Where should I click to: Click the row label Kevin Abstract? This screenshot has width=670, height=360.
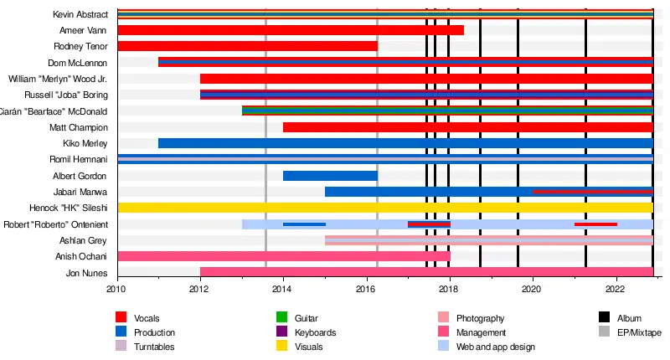click(80, 14)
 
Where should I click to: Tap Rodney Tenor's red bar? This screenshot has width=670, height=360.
click(248, 46)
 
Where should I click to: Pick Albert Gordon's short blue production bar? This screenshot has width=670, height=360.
click(330, 176)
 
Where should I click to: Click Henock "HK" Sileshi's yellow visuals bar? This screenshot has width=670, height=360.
click(385, 208)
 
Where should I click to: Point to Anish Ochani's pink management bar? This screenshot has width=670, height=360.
click(284, 256)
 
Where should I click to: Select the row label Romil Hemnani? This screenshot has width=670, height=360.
click(84, 160)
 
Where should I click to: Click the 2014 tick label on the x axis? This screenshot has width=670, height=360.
click(283, 289)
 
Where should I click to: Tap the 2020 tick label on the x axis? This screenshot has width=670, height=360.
click(533, 289)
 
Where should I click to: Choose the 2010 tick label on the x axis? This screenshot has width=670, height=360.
click(116, 289)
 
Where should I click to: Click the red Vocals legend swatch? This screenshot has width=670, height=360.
click(121, 318)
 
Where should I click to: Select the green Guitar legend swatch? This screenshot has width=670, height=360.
click(282, 318)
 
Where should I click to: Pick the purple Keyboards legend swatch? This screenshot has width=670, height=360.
click(282, 332)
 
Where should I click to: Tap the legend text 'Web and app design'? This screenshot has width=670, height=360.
click(495, 347)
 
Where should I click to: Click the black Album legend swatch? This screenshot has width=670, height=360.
click(604, 318)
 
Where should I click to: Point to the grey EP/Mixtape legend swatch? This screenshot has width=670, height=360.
click(604, 332)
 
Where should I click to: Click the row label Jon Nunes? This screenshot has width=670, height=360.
click(86, 273)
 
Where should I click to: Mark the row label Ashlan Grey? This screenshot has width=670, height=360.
click(85, 240)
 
